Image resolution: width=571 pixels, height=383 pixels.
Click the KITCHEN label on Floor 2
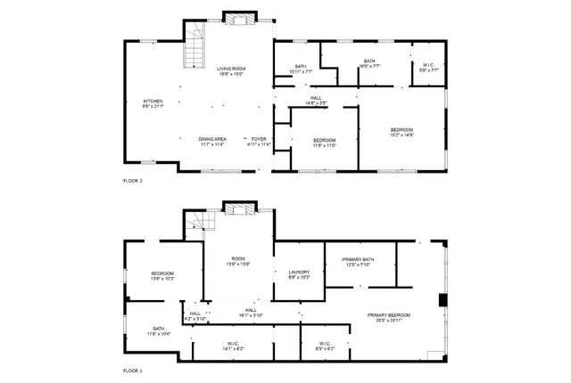coord(153,103)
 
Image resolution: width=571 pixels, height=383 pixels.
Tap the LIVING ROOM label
coord(231,71)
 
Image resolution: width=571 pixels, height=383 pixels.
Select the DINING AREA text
coord(211,141)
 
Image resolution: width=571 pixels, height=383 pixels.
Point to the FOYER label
coord(259,141)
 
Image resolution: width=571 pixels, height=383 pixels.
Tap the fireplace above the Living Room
coord(238,17)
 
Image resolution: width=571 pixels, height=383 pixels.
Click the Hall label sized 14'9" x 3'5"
coord(316,100)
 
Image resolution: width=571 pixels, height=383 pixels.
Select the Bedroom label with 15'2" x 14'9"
coord(401,132)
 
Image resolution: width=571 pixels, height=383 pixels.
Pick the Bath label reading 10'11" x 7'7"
coord(302,68)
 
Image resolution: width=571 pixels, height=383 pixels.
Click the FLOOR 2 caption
coord(133,181)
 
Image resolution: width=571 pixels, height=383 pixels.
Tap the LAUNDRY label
coord(298,274)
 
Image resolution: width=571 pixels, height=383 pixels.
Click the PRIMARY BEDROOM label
coord(388,318)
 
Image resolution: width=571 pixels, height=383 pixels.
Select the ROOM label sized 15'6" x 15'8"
coord(238,260)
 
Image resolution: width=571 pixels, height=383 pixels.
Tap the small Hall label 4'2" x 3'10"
coord(195,315)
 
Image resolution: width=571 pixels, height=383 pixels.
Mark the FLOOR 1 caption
coord(133,370)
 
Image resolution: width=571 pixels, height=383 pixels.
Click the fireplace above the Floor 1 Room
coord(238,208)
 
